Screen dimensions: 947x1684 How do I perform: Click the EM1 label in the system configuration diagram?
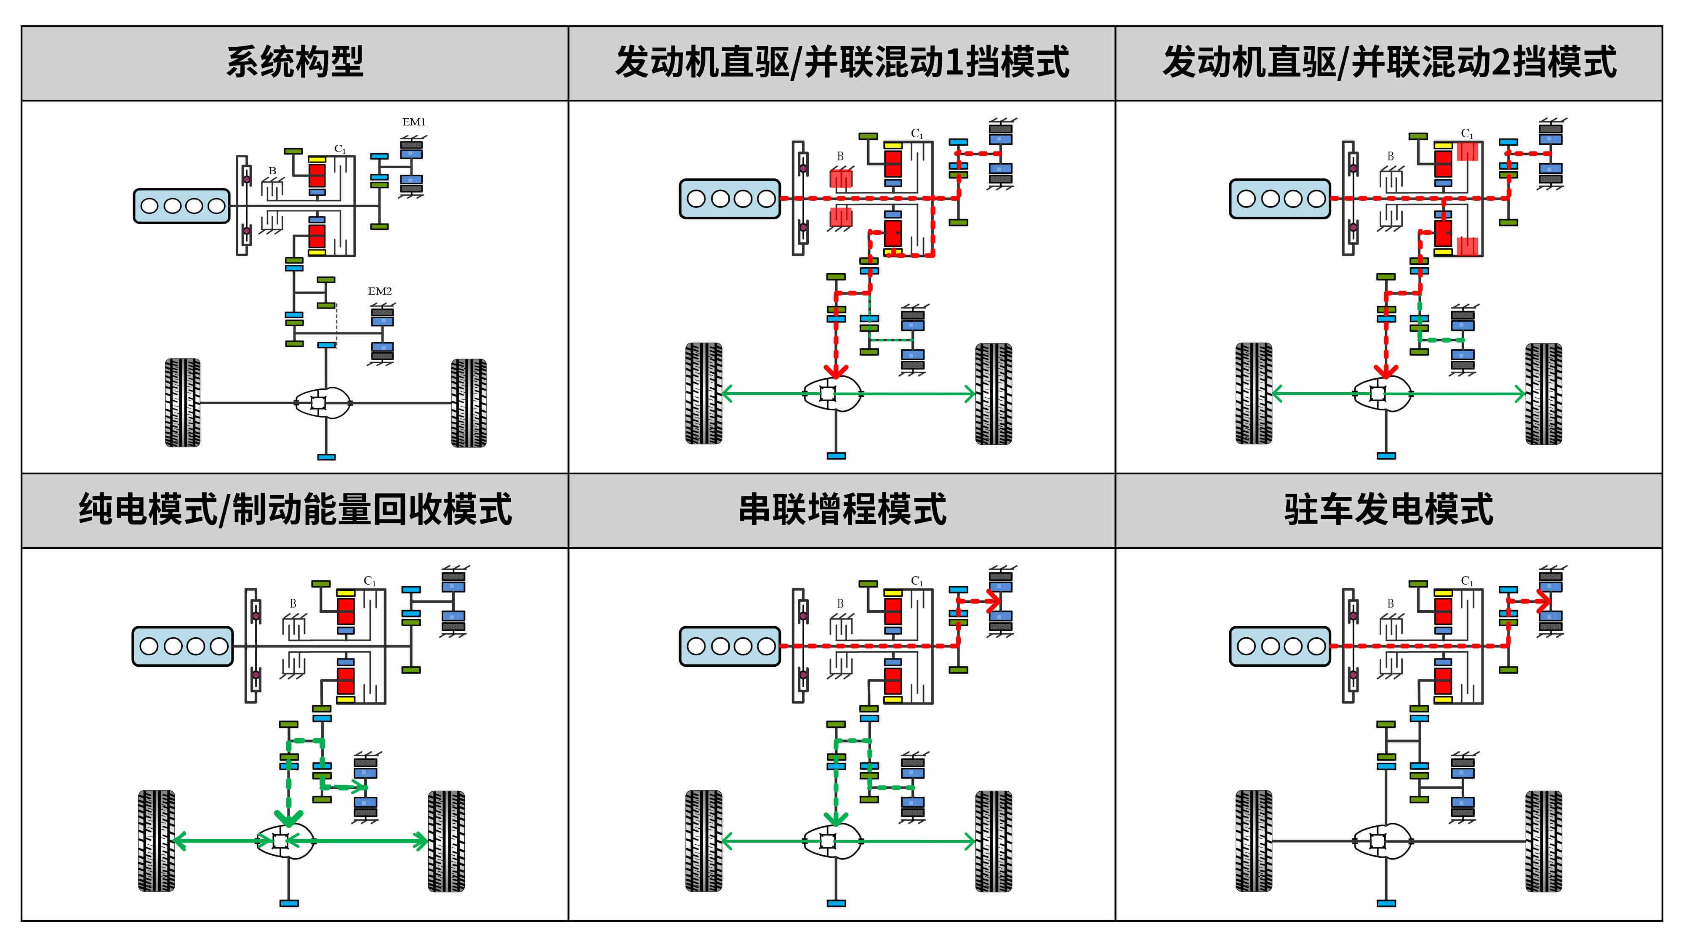(413, 122)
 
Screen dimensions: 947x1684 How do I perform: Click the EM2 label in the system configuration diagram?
(379, 292)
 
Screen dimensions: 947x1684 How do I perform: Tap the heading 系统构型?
(294, 63)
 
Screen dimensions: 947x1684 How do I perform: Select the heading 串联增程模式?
(842, 510)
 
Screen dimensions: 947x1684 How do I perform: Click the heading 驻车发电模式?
(1388, 510)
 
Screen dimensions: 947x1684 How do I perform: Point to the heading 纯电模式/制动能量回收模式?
(295, 510)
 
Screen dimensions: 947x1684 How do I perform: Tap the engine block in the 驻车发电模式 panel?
(1279, 646)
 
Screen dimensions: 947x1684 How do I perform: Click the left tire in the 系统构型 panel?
(182, 403)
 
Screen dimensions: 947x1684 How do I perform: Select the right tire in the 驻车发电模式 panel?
(1543, 841)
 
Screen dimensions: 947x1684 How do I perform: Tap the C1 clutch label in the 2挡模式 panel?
(1467, 133)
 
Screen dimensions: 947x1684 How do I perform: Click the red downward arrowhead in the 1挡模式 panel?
(836, 371)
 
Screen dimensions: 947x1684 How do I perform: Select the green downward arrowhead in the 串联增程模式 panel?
(836, 819)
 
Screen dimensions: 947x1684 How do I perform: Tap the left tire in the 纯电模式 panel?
(156, 841)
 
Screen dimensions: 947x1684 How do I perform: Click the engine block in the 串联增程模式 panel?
(730, 646)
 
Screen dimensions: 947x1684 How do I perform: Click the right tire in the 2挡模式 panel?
(1543, 394)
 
